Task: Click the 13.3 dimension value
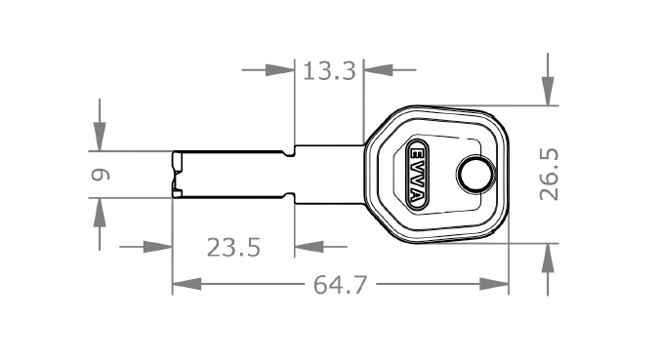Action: (328, 70)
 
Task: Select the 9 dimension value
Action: (100, 175)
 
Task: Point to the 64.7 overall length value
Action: (340, 285)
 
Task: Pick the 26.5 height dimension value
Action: (550, 174)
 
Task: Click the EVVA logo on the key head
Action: (416, 176)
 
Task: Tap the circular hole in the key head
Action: (474, 176)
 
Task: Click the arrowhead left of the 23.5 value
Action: (158, 246)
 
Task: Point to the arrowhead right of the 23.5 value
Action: (309, 246)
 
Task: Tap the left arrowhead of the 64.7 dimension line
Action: (186, 284)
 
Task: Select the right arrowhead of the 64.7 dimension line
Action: (495, 284)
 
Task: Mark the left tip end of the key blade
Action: (175, 175)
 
